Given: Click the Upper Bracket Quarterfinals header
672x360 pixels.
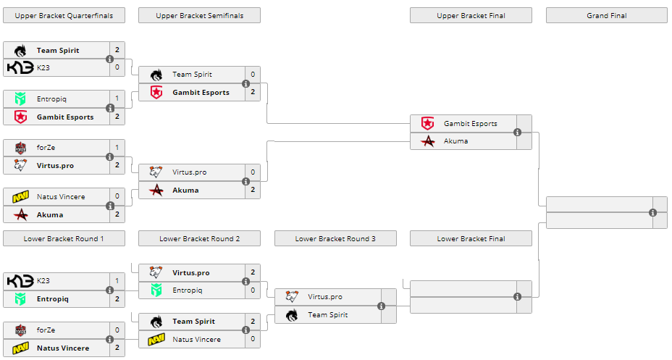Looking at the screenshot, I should tap(64, 15).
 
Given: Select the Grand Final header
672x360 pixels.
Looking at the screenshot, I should tap(606, 15).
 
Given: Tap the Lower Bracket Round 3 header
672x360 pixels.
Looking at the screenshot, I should tap(335, 238).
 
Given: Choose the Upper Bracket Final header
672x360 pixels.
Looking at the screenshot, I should tap(471, 15).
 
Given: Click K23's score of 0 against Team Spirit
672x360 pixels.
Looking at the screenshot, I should tap(117, 67).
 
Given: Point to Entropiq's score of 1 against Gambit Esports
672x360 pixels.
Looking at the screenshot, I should tap(117, 99).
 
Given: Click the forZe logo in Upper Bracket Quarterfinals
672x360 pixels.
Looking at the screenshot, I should tap(20, 148).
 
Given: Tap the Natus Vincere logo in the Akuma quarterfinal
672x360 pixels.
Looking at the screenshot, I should tap(20, 196).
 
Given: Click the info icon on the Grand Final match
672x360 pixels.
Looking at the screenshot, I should tap(652, 212).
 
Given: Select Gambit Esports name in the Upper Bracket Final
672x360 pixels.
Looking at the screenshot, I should tap(470, 123).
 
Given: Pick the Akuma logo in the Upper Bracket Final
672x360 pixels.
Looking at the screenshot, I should tap(427, 141).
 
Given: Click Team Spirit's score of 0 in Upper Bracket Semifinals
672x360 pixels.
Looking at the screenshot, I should tap(253, 74).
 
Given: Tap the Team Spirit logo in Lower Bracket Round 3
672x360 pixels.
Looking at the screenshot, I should tap(292, 315).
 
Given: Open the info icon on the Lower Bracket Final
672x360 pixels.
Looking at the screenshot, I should tap(517, 296).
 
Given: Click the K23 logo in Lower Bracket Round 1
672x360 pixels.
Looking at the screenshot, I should tap(20, 281).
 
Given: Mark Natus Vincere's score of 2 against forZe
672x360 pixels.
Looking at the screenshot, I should tap(117, 348).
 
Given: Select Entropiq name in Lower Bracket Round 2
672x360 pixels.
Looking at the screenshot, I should tap(187, 290).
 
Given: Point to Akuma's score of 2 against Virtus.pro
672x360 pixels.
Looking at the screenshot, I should tap(253, 190).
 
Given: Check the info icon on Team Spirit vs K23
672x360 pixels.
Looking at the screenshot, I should tap(110, 59).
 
